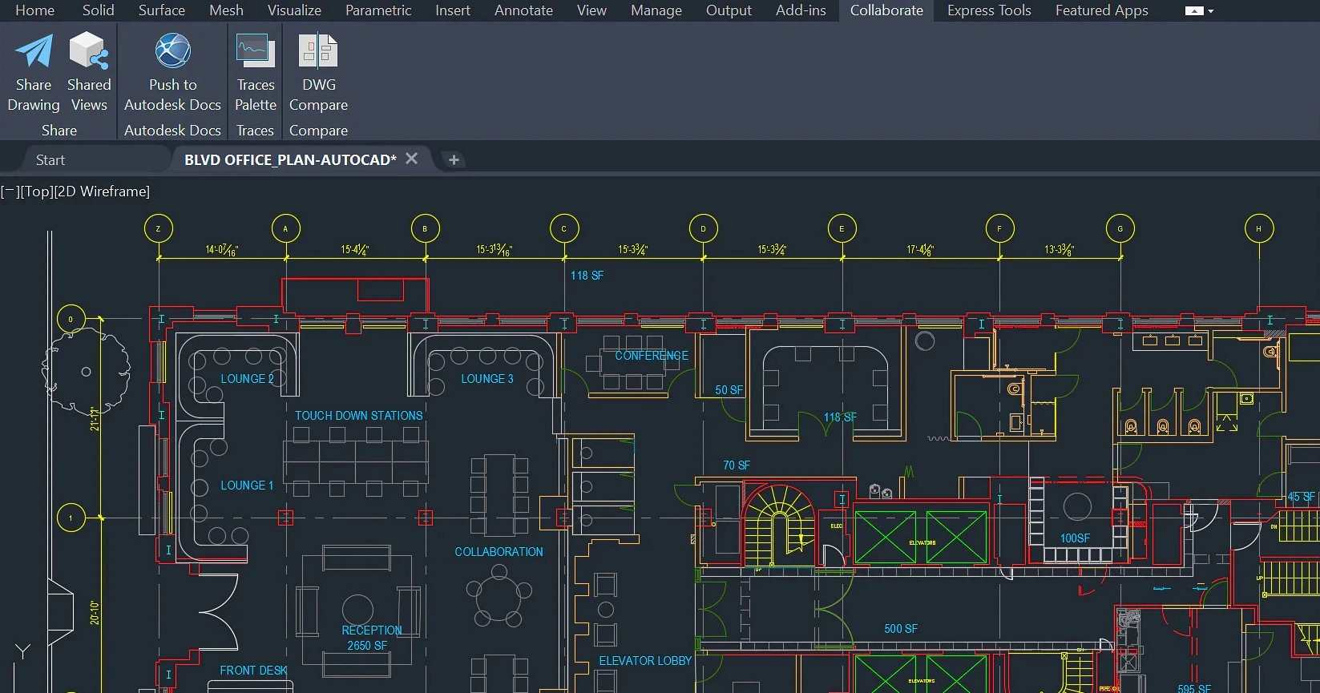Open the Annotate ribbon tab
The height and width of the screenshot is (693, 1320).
[x=523, y=10]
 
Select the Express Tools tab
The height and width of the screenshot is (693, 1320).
[x=989, y=10]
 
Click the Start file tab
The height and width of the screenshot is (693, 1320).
[x=50, y=160]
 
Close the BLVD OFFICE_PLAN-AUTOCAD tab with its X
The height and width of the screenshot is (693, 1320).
[x=412, y=159]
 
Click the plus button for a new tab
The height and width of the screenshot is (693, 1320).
[x=454, y=160]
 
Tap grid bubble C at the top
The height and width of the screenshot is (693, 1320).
[x=564, y=229]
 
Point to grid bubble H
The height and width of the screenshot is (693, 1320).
[x=1258, y=229]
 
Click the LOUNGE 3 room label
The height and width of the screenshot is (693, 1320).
[x=487, y=379]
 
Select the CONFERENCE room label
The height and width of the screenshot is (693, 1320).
[x=652, y=356]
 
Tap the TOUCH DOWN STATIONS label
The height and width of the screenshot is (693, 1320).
[x=358, y=416]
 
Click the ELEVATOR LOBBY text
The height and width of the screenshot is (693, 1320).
[x=645, y=661]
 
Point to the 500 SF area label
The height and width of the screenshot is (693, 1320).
[x=901, y=629]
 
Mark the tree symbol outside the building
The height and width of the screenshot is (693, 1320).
[x=86, y=371]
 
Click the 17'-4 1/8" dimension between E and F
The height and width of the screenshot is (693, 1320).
[x=920, y=250]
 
